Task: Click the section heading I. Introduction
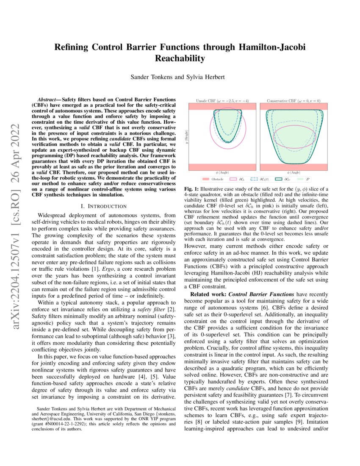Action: click(x=102, y=206)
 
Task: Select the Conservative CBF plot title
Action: click(x=293, y=101)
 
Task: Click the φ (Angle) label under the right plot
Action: click(x=293, y=172)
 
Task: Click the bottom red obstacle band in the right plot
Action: click(x=293, y=166)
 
